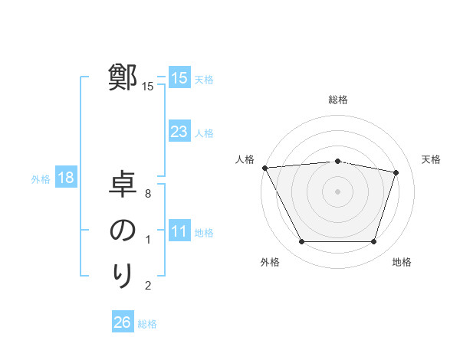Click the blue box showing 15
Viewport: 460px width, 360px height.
(179, 77)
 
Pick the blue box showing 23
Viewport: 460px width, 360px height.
(179, 132)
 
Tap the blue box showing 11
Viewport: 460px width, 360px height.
(179, 231)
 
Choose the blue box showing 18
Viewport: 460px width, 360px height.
(65, 178)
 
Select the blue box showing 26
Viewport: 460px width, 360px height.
(122, 322)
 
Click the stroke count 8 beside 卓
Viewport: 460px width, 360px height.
(148, 195)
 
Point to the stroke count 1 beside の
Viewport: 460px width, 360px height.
(148, 241)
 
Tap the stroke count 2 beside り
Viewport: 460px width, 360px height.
(148, 286)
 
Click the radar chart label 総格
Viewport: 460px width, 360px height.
(338, 100)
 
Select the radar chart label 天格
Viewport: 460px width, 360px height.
(432, 159)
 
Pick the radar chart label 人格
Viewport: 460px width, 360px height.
(245, 159)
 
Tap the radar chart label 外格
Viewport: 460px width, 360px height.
(270, 262)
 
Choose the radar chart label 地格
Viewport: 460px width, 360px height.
(402, 262)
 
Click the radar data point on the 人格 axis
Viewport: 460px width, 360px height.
(264, 168)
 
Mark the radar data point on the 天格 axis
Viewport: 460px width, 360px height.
(396, 172)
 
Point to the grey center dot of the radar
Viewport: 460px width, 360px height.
(338, 191)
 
